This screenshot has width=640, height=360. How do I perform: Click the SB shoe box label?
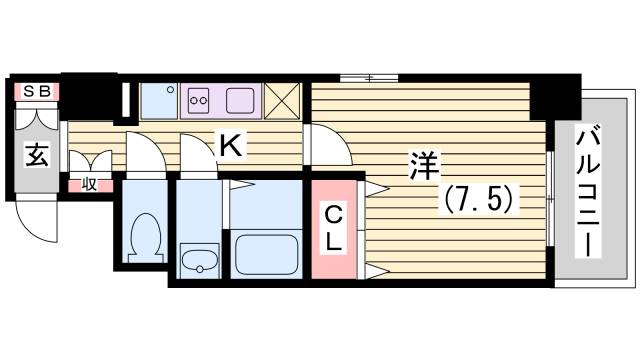tap(36, 91)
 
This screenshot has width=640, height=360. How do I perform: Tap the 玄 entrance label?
tap(37, 156)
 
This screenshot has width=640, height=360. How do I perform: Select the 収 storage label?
tap(89, 183)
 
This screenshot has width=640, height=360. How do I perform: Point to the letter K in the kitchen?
tap(230, 147)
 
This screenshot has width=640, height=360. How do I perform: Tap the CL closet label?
tap(333, 228)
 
